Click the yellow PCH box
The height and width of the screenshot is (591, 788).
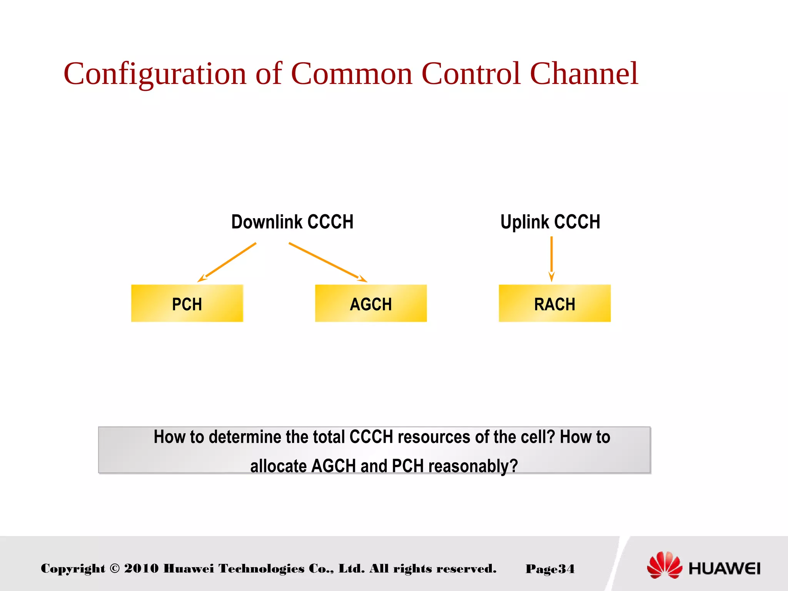(x=187, y=303)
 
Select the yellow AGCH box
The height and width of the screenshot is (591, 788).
(x=371, y=303)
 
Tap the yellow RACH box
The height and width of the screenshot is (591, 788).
(x=554, y=303)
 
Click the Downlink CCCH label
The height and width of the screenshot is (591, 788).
(x=292, y=222)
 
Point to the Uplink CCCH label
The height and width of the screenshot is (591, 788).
(x=550, y=222)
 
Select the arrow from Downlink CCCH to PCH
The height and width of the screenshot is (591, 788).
(x=227, y=262)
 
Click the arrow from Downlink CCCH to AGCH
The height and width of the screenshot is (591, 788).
(x=327, y=262)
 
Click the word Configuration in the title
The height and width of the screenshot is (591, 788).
(x=155, y=74)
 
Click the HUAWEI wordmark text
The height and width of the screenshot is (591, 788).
(x=724, y=568)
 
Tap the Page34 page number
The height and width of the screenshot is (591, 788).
(x=550, y=569)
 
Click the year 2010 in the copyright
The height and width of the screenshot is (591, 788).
(x=141, y=568)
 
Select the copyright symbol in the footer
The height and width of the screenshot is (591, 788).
(x=115, y=568)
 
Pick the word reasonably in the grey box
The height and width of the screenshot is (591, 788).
(x=473, y=466)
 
